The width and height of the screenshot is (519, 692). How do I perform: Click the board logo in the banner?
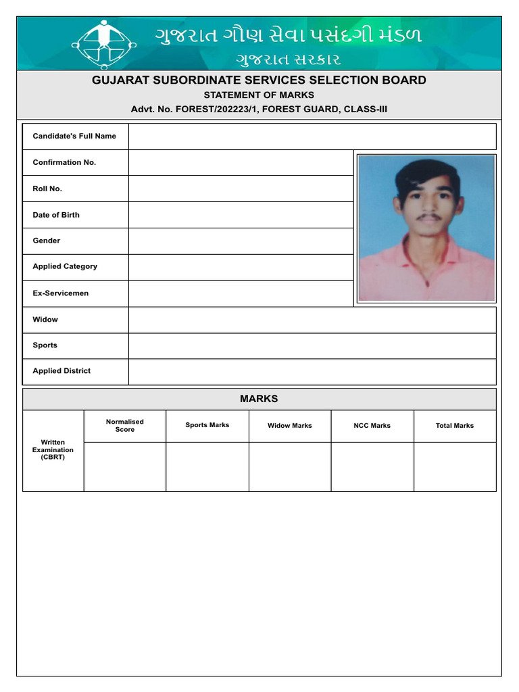pos(103,44)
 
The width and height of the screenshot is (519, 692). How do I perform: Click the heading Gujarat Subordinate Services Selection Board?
pos(259,80)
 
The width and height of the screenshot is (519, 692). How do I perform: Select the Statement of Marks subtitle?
pos(259,95)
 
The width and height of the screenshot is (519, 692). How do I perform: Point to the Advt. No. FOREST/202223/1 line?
pos(259,109)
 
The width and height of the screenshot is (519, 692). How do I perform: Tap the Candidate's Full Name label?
pos(74,136)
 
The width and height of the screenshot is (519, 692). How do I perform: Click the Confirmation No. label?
pos(64,162)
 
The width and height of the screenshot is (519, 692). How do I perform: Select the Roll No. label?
pos(47,189)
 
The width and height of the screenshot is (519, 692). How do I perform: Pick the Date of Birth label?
pos(56,215)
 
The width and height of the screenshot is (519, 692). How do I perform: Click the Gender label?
pos(47,241)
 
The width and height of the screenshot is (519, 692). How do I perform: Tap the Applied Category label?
pos(65,266)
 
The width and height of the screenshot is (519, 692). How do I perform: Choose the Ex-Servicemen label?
pos(61,293)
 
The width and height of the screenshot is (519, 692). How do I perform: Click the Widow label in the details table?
pos(45,319)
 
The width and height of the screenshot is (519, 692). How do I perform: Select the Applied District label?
pos(61,371)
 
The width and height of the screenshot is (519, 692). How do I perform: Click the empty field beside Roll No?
pos(241,189)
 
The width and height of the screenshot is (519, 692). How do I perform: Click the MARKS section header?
pos(259,399)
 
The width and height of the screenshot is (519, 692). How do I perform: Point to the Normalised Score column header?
pos(125,426)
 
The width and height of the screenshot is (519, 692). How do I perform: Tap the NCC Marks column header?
pos(372,426)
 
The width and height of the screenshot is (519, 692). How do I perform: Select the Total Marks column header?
pos(455,426)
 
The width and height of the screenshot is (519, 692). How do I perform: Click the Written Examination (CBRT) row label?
pos(53,450)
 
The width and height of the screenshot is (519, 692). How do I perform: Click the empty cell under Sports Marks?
pos(207,466)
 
